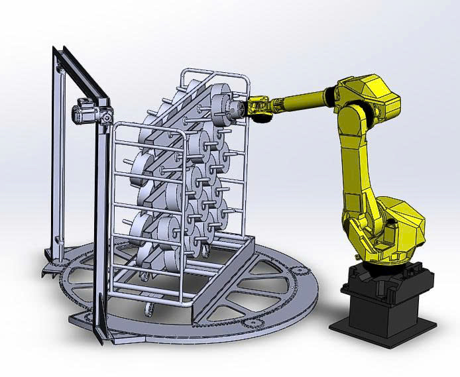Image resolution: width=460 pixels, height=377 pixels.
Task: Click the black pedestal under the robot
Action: click(x=381, y=292)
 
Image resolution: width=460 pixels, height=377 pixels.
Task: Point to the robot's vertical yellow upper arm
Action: click(x=355, y=159)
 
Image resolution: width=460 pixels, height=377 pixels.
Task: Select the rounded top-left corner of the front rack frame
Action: click(x=119, y=126)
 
